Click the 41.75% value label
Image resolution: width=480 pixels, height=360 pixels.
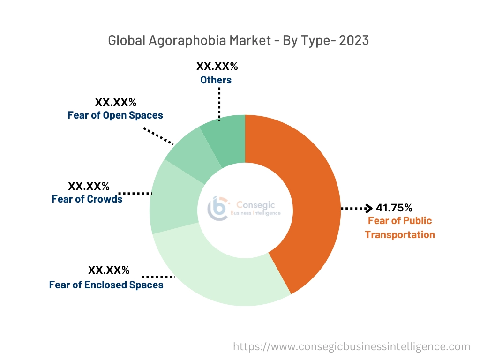coord(394,208)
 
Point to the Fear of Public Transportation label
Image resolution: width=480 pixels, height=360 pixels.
coord(400,227)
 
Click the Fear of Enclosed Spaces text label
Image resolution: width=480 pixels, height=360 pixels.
coord(106,285)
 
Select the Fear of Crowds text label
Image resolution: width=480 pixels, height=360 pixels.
coord(87,199)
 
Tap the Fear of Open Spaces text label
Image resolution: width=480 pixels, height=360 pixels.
coord(115,115)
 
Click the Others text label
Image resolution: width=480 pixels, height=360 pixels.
coord(216,80)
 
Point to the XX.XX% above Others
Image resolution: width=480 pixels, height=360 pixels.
coord(217,66)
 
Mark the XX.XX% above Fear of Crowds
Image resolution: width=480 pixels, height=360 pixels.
coord(89,186)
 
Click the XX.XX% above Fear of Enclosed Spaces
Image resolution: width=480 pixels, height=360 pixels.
coord(109,270)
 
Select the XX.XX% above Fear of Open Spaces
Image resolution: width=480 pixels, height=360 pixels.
coord(116,102)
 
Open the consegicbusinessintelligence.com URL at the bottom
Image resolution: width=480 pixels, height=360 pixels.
coord(352,347)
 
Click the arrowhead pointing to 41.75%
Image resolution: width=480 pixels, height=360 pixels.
coord(369,208)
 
